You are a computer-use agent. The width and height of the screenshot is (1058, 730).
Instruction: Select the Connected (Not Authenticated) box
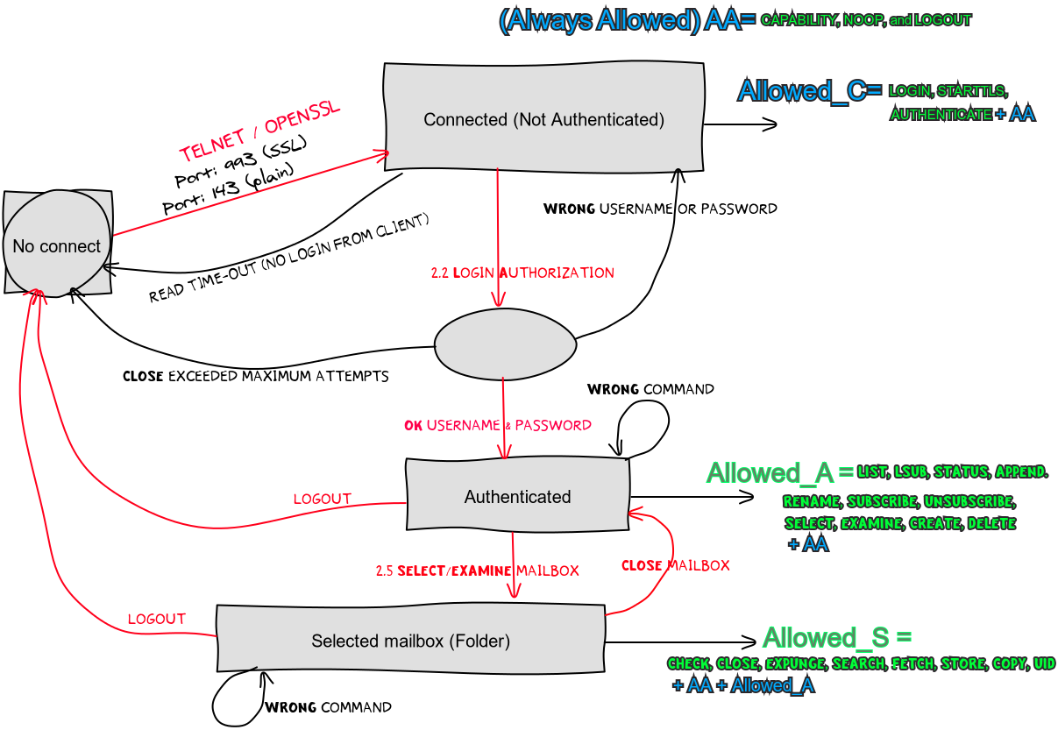[543, 119]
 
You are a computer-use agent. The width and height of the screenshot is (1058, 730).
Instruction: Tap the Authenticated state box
[517, 497]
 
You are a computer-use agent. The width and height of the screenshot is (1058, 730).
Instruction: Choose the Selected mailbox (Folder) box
[410, 641]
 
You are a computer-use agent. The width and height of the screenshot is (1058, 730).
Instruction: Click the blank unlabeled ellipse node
[505, 344]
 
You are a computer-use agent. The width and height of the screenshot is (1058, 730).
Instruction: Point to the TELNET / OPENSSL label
[259, 132]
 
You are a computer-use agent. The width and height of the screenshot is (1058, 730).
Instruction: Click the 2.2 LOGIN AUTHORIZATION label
[522, 273]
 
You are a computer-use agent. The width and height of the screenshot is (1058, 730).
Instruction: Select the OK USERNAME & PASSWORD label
[498, 425]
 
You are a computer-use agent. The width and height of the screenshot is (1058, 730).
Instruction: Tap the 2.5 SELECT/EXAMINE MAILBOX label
[478, 571]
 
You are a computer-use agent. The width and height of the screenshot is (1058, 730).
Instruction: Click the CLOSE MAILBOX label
[676, 565]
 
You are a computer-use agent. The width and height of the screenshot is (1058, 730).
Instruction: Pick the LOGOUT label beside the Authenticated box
[322, 499]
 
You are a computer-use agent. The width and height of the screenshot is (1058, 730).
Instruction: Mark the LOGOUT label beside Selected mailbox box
[156, 618]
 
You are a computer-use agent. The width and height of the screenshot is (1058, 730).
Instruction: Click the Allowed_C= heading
[809, 90]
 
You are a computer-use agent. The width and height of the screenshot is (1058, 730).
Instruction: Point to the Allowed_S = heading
[837, 637]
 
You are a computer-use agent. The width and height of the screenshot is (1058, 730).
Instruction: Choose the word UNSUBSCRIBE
[969, 502]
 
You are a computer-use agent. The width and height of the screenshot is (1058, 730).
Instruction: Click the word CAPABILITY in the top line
[799, 20]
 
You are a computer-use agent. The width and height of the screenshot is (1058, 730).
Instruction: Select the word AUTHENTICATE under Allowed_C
[941, 114]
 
